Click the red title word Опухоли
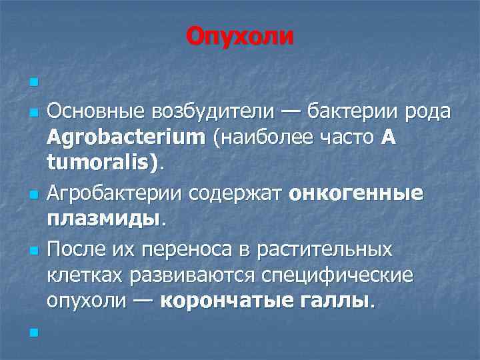coord(239,35)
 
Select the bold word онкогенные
coord(356,194)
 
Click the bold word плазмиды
coord(103,219)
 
